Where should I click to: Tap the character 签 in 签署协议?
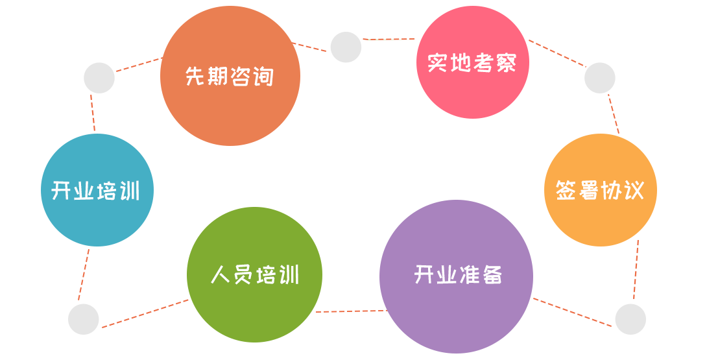coord(566,191)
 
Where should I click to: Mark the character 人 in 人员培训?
coord(221,275)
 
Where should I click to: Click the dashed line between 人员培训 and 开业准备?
coord(351,311)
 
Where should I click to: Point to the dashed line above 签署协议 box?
coord(613,114)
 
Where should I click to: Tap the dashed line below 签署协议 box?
coord(636,269)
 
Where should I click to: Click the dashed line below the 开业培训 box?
coord(84,274)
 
